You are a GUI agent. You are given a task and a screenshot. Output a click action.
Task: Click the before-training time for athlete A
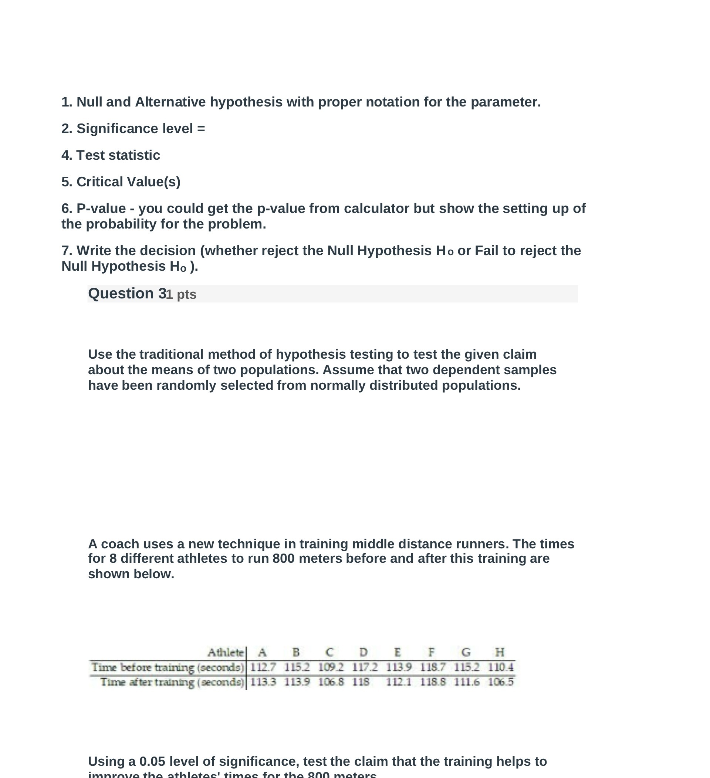263,667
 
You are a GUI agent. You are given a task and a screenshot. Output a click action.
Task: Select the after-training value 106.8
331,682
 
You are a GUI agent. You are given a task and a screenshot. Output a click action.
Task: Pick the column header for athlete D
364,652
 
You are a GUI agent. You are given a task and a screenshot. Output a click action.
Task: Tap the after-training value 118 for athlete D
361,682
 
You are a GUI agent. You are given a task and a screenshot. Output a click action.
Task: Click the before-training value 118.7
433,667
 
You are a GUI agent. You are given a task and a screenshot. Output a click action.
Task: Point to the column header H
500,652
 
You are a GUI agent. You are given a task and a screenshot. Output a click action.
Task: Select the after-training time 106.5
500,682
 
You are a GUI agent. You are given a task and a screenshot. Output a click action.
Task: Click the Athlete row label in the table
226,653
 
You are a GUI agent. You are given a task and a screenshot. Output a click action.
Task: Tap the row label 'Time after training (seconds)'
172,682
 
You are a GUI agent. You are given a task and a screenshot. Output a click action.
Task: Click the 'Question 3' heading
127,294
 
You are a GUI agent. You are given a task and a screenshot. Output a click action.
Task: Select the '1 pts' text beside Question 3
181,294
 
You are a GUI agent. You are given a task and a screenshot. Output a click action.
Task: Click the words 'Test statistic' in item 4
118,155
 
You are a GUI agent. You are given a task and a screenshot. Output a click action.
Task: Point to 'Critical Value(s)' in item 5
128,182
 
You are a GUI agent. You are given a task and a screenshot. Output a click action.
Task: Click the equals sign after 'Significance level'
201,129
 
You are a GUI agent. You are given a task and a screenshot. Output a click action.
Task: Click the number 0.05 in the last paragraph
152,761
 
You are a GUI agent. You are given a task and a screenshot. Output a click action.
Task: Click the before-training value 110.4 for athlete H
500,667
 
